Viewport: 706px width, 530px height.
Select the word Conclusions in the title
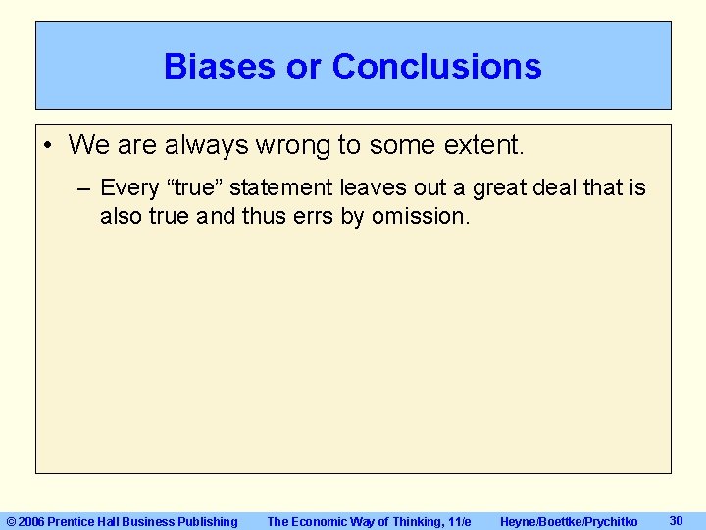coord(436,67)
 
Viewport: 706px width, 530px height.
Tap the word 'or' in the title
coord(307,67)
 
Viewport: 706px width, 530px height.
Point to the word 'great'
coord(505,187)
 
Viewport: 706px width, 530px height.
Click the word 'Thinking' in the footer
coord(413,521)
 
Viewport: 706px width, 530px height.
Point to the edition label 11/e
coord(458,521)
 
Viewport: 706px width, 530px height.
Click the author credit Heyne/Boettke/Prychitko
coord(568,521)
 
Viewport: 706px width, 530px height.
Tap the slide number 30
coord(676,520)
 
